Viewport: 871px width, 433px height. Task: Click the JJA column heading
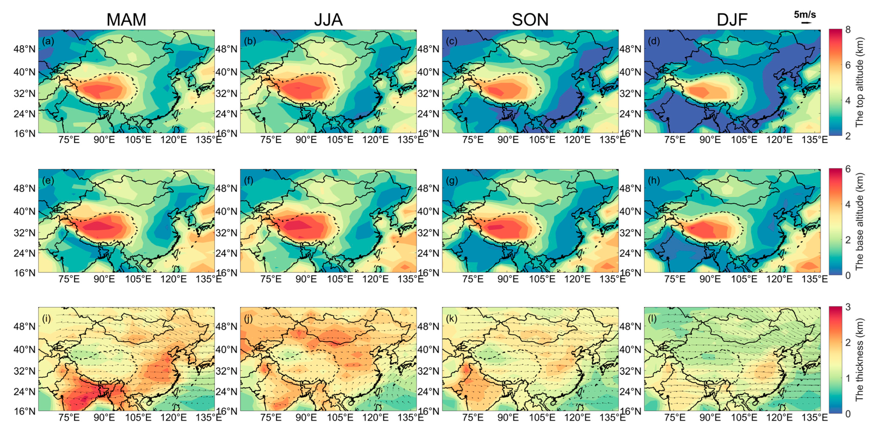click(328, 20)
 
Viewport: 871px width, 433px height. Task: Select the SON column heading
click(530, 20)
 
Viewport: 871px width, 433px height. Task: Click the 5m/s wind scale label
click(805, 15)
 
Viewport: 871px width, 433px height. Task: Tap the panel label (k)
click(451, 319)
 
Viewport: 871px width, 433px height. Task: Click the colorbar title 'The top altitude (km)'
click(859, 83)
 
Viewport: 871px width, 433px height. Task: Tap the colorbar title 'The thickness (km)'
click(859, 360)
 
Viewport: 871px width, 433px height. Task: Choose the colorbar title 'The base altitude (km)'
click(859, 221)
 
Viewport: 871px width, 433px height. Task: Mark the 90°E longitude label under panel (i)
click(104, 417)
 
